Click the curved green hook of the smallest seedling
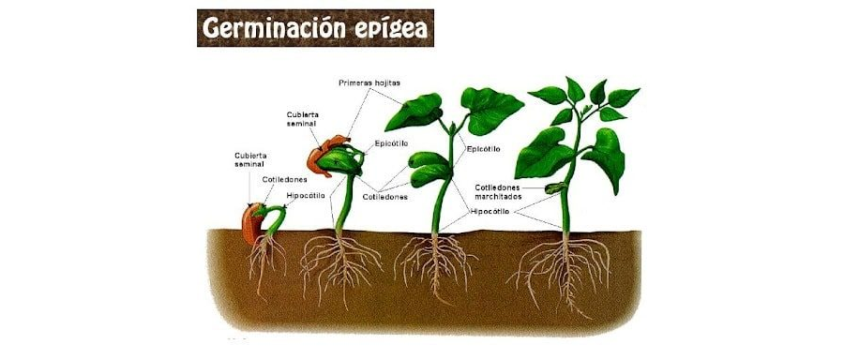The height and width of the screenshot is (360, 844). point(273,215)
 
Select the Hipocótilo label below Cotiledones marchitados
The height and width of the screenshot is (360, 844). point(490,212)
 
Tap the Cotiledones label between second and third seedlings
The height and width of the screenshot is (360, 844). point(384,198)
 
